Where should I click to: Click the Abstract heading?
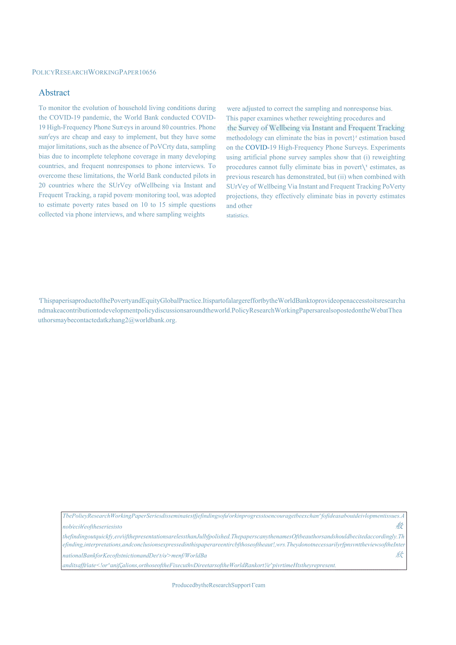point(54,93)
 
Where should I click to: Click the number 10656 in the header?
point(148,72)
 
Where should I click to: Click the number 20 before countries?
point(42,185)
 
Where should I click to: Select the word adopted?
point(205,195)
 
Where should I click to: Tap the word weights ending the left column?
point(194,214)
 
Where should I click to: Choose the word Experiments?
point(388,147)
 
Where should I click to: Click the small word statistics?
point(237,216)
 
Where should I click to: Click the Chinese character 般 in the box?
point(399,526)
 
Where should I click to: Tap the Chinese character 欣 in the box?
point(399,555)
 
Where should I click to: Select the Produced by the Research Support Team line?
point(218,585)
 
